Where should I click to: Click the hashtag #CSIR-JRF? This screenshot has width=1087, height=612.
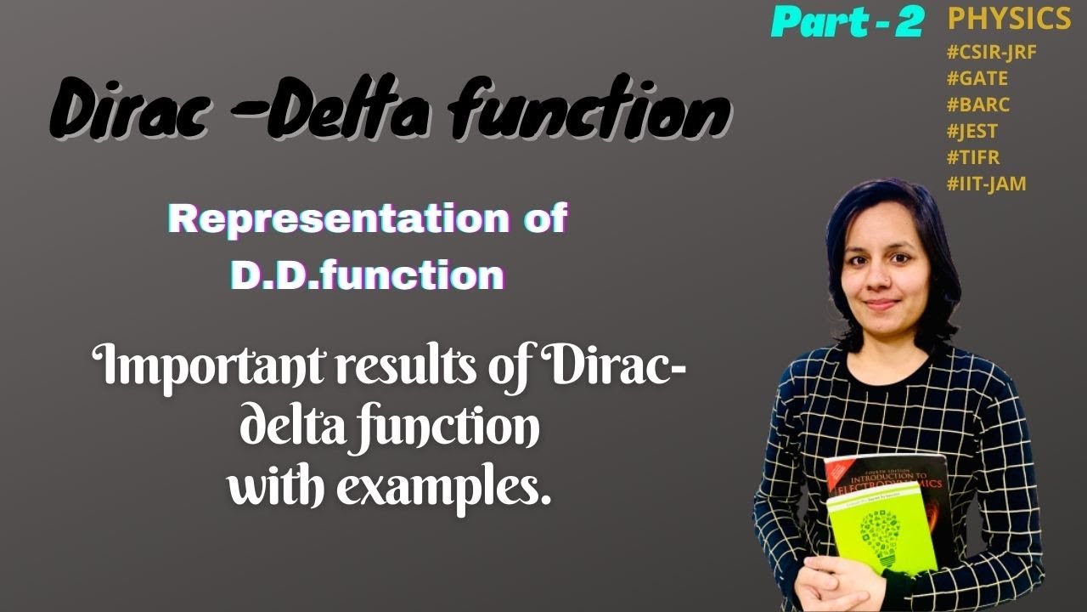point(991,51)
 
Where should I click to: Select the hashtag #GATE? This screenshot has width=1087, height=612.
point(977,78)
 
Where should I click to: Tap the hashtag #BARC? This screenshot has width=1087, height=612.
point(978,105)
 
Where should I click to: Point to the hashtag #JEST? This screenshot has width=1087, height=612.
point(972,131)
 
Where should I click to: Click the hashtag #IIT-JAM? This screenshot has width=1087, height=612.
point(986,183)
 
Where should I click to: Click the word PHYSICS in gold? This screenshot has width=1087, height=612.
point(1009,19)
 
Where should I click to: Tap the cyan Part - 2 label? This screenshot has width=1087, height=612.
point(847,23)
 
